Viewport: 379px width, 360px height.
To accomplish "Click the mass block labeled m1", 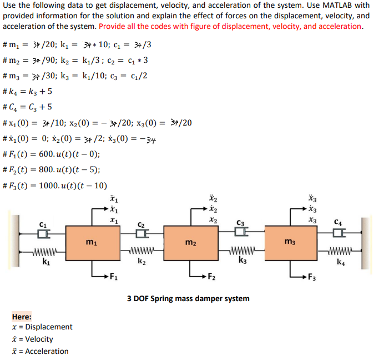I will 89,243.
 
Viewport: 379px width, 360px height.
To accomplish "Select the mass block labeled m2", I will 190,243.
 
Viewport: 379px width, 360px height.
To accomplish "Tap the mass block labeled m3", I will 289,243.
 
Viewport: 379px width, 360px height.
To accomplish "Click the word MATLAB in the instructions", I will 338,6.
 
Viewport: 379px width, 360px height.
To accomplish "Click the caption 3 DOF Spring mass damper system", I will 188,298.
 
